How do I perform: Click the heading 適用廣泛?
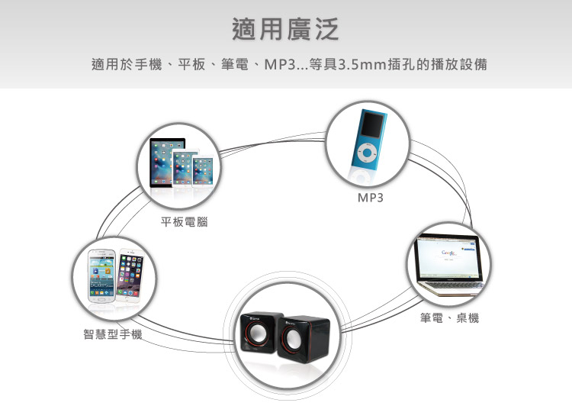coord(286,29)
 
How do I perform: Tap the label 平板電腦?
coord(185,221)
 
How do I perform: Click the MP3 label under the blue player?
coord(371,198)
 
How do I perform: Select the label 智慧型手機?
coord(112,333)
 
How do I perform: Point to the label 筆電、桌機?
coord(449,317)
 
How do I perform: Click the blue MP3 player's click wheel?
coord(366,153)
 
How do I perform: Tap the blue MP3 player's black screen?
coord(372,125)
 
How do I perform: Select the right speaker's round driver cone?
coord(292,339)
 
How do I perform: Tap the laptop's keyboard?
coord(456,287)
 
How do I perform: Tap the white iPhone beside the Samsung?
coord(130,275)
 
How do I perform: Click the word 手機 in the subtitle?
coord(148,64)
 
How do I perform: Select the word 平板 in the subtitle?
coord(191,64)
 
